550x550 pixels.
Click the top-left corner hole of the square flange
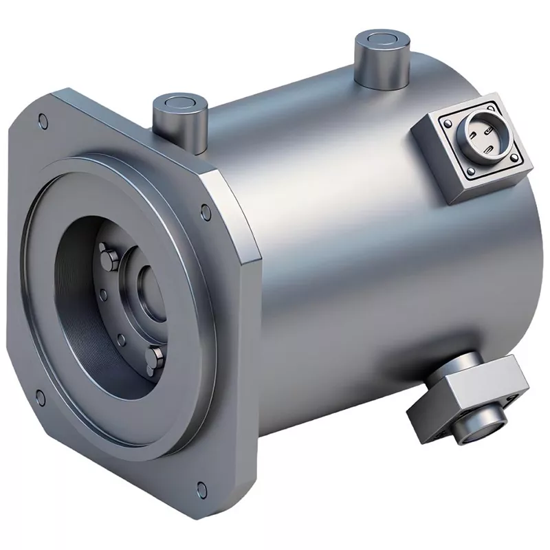(x=44, y=122)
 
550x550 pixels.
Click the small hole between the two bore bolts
(x=121, y=339)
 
